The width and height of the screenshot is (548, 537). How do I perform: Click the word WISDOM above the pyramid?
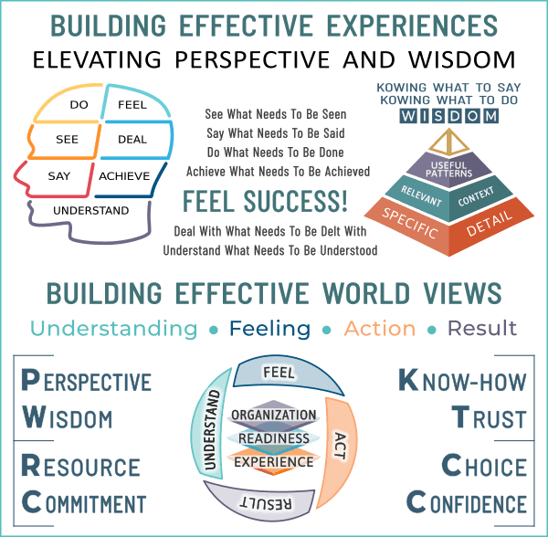coord(448,117)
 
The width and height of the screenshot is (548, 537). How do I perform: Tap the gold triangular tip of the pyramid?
coord(447,142)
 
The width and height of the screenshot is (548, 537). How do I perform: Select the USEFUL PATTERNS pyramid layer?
coord(447,169)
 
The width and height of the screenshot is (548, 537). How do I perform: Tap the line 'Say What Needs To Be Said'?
coord(276,133)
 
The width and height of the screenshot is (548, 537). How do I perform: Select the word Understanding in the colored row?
coord(112,328)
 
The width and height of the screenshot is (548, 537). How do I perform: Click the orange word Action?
coord(380,328)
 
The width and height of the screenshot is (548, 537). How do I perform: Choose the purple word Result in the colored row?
coord(482,328)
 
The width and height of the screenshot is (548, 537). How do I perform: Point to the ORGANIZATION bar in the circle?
coord(274,416)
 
